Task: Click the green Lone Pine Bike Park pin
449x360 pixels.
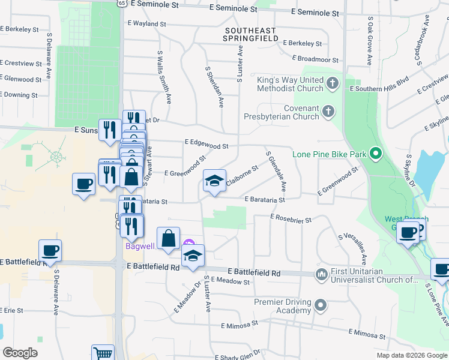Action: point(376,154)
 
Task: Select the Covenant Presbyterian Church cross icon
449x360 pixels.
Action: point(328,111)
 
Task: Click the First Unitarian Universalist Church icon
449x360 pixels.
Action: point(321,274)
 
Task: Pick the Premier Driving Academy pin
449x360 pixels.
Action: point(321,305)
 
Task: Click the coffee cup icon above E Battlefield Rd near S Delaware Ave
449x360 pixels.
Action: point(50,251)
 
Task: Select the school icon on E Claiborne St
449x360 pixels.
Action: point(214,182)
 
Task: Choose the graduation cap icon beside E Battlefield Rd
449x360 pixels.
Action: point(193,256)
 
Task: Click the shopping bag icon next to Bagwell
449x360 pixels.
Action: point(169,238)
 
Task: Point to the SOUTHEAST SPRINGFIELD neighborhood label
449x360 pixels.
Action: point(251,34)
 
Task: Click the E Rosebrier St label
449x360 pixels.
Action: point(291,219)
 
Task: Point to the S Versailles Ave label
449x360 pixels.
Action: point(353,249)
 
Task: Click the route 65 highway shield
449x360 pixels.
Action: point(122,3)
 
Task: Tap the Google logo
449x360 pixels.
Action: point(19,353)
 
